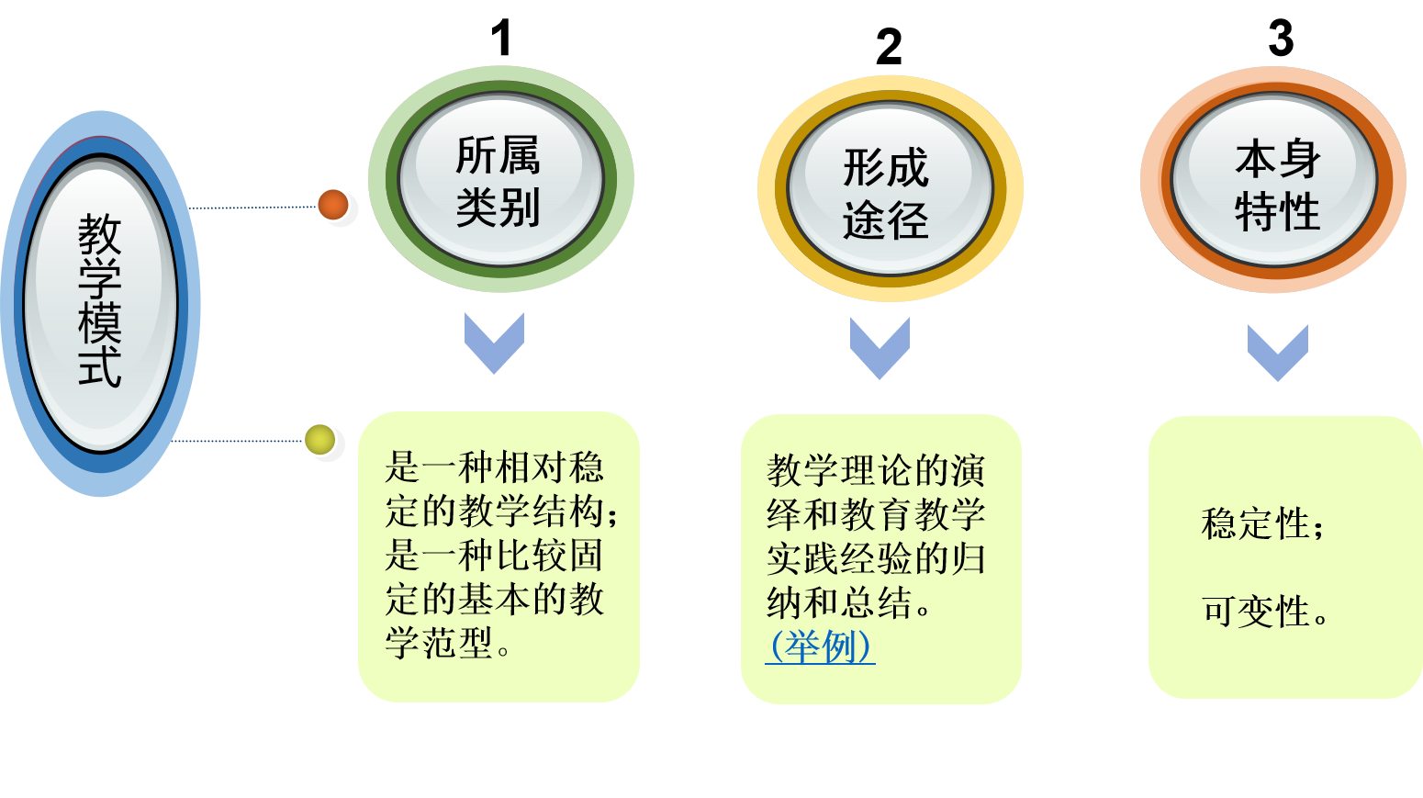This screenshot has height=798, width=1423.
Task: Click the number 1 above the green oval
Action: [x=500, y=39]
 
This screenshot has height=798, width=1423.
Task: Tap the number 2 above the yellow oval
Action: [x=889, y=47]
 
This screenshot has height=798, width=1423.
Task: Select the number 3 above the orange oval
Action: [x=1281, y=39]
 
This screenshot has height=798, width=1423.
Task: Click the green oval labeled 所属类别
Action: [x=500, y=180]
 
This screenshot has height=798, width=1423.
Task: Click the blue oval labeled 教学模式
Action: [x=100, y=303]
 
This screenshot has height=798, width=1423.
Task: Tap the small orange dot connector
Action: [x=333, y=205]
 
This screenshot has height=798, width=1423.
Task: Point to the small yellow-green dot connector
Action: [x=319, y=440]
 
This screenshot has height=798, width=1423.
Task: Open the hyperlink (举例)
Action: [x=820, y=646]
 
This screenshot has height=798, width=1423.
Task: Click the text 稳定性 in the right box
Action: [x=1255, y=524]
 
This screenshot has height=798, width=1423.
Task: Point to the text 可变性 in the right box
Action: [x=1255, y=612]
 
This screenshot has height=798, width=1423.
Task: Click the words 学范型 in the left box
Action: [x=439, y=643]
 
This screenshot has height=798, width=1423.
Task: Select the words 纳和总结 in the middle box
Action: [x=839, y=603]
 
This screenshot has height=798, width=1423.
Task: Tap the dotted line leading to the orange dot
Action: [x=252, y=208]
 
